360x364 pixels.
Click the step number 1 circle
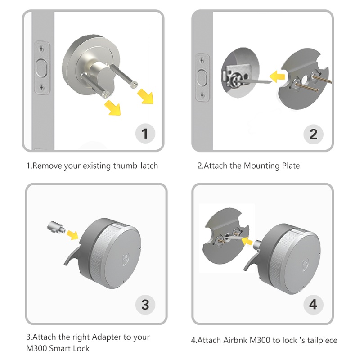(x=145, y=134)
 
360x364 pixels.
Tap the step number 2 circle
(x=313, y=134)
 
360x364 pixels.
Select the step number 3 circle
(x=145, y=305)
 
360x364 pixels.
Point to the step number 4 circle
(x=313, y=305)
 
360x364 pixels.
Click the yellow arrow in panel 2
(x=277, y=76)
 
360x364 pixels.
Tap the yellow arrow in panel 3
(x=72, y=235)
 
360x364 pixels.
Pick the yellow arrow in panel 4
(x=247, y=241)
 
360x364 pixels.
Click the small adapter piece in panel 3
(x=56, y=227)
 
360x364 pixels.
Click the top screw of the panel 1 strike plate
(x=41, y=49)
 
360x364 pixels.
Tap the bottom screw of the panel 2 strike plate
(x=202, y=95)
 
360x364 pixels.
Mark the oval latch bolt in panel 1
(x=42, y=68)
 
